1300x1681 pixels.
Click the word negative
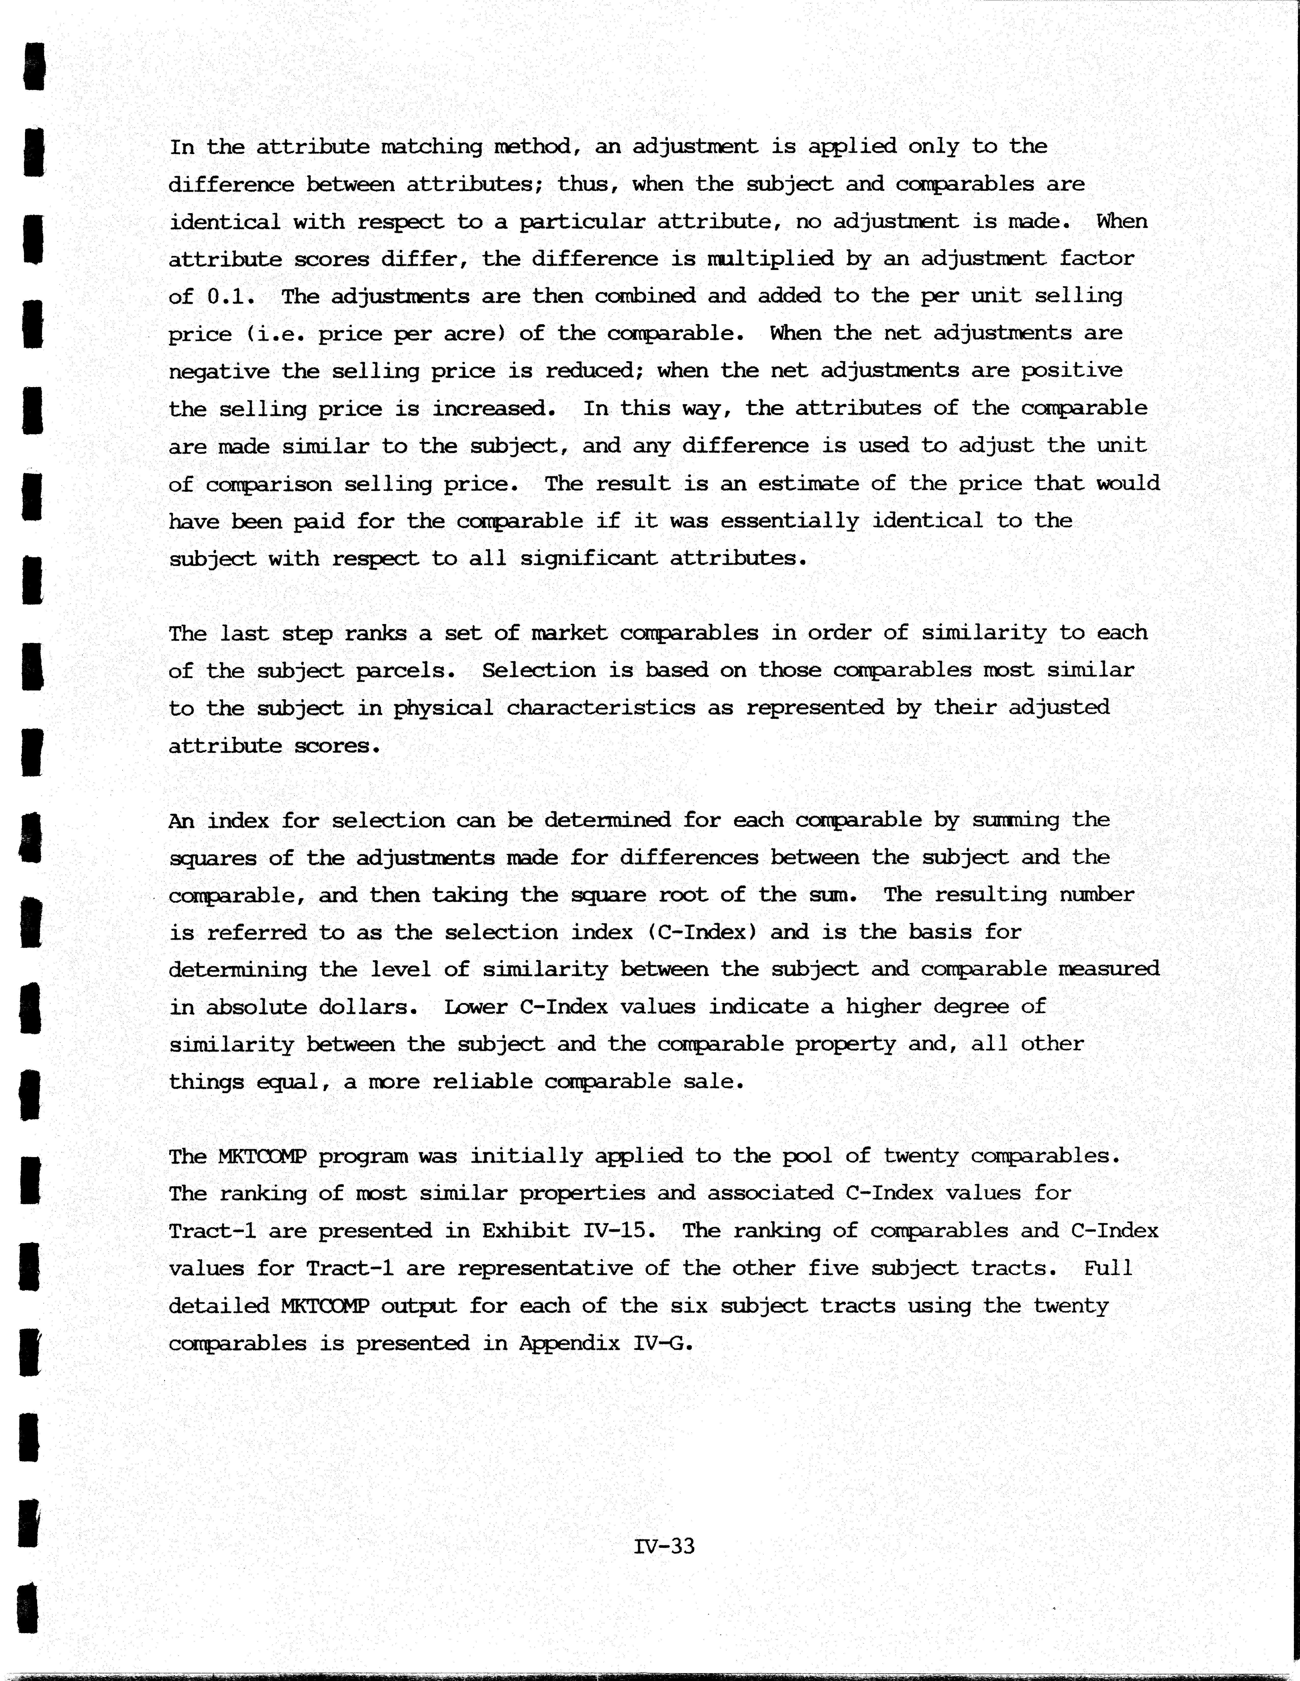(219, 371)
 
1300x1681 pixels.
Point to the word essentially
(789, 521)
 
